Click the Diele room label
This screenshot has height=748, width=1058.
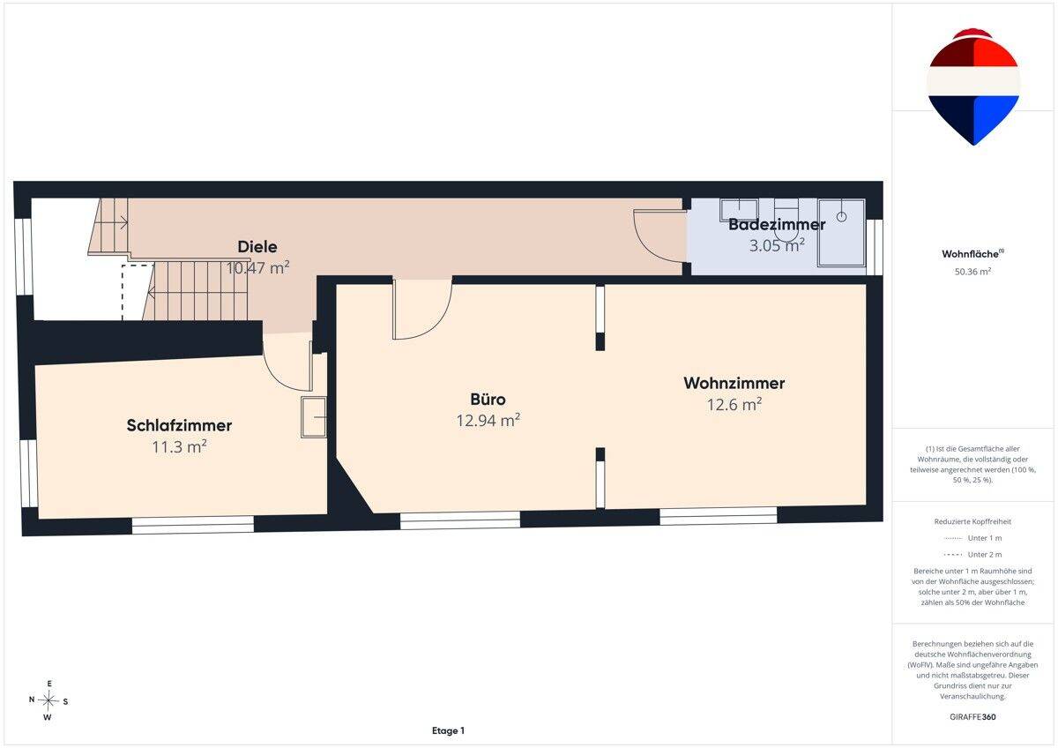coord(257,247)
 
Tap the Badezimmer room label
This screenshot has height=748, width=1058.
coord(777,224)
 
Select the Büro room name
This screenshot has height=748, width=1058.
coord(488,400)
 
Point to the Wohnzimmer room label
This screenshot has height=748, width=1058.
coord(734,383)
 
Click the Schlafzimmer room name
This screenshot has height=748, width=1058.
coord(179,425)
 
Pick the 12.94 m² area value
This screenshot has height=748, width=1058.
coord(488,420)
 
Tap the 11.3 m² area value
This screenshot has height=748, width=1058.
coord(179,446)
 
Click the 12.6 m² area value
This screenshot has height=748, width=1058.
coord(734,405)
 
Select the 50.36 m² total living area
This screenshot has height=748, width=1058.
coord(972,272)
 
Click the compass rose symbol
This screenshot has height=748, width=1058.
coord(48,700)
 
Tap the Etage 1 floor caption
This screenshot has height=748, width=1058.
coord(448,730)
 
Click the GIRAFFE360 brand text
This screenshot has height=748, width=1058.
coord(972,717)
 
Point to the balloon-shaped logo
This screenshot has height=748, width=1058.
coord(973,86)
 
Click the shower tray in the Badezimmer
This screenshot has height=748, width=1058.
coord(842,233)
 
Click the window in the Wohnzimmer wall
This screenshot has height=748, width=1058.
coord(718,516)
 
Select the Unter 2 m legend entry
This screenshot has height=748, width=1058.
coord(972,554)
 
